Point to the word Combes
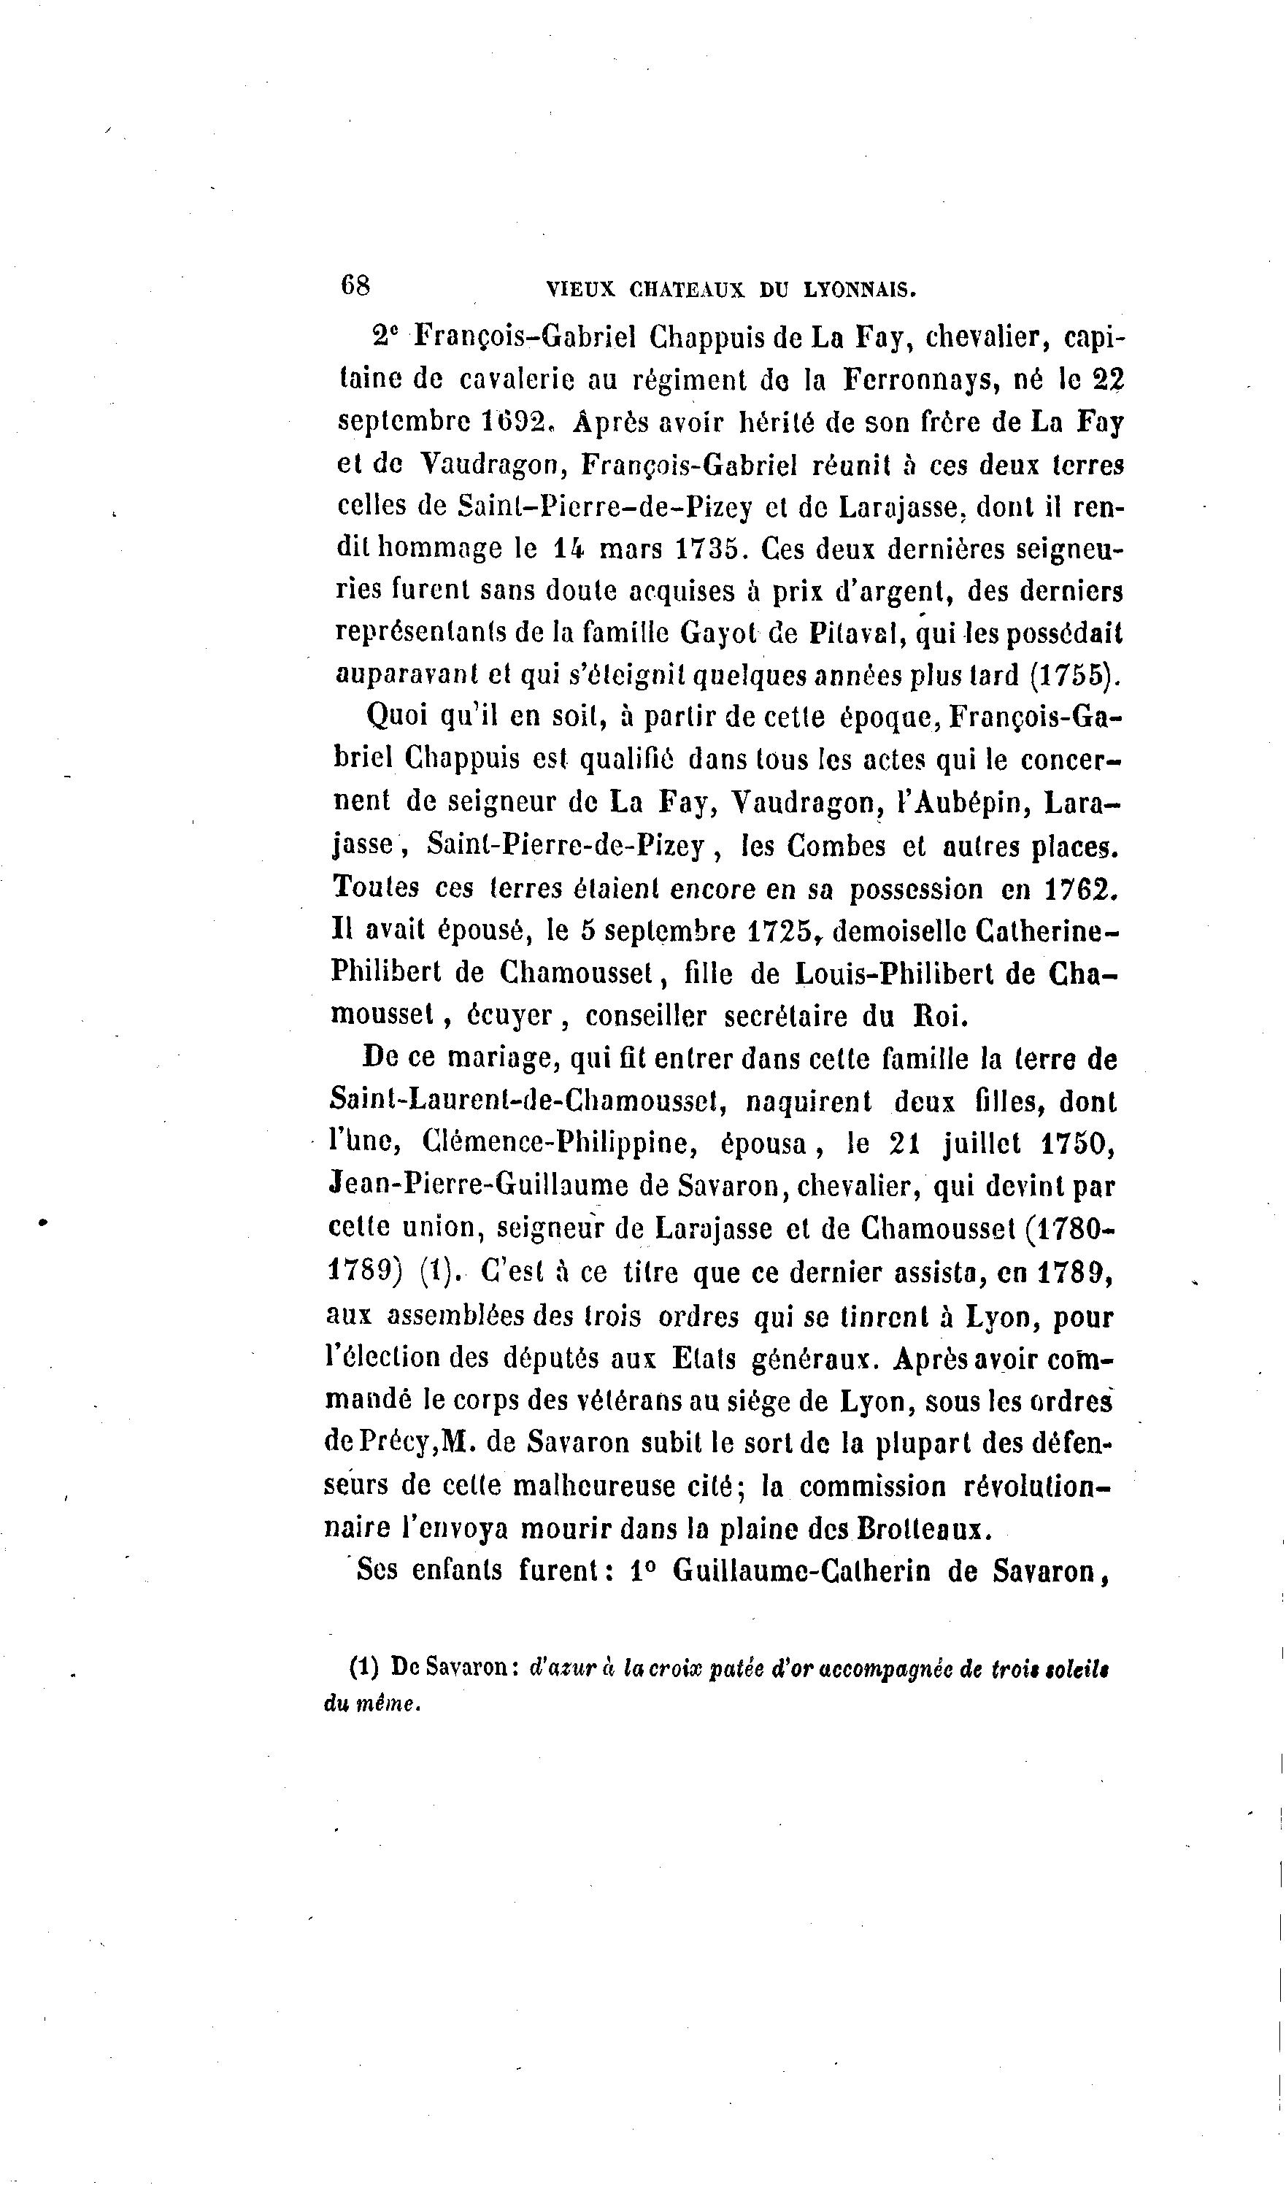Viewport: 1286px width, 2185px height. [836, 845]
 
